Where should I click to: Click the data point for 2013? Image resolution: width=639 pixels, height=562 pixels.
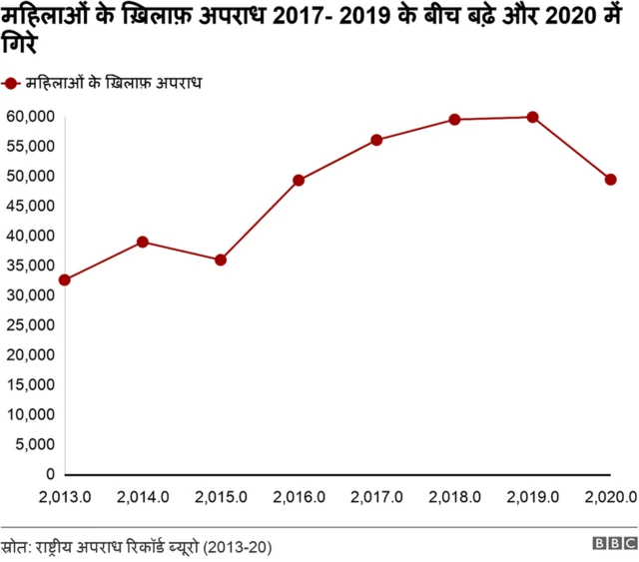tap(65, 281)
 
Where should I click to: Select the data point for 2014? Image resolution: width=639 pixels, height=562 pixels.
tap(143, 242)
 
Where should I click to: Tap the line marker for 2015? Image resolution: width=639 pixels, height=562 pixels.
tap(221, 260)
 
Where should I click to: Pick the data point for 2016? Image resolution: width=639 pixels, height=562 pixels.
tap(299, 181)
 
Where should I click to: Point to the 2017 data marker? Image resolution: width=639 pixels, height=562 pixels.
tap(376, 140)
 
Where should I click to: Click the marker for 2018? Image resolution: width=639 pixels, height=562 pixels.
tap(454, 120)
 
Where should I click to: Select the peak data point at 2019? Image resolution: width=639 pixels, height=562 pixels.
tap(532, 117)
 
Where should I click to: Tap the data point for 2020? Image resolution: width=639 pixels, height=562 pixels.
tap(610, 180)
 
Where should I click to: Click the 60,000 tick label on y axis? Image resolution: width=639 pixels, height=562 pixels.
tap(29, 116)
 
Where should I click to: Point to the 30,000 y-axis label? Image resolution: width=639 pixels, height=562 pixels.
tap(29, 295)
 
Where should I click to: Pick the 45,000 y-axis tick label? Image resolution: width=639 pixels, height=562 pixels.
tap(29, 206)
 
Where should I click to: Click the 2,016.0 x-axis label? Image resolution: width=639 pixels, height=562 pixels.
tap(299, 496)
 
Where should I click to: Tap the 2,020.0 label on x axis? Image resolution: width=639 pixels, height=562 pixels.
tap(610, 496)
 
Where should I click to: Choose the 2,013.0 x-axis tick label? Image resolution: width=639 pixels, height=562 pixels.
tap(65, 496)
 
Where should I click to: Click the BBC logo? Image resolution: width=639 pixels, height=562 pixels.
tap(614, 544)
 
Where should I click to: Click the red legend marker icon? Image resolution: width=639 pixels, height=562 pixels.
tap(13, 84)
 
